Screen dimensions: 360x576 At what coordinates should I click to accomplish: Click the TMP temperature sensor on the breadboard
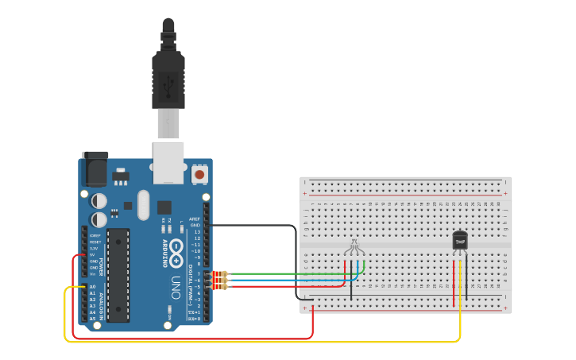click(x=460, y=240)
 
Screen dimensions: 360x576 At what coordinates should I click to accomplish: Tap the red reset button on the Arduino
click(x=199, y=173)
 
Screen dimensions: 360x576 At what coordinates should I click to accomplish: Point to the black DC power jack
click(x=95, y=169)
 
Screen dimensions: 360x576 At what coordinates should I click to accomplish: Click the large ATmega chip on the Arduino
click(x=118, y=274)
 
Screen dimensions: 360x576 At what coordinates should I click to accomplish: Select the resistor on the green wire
click(x=218, y=273)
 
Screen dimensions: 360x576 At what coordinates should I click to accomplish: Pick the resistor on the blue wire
click(x=218, y=280)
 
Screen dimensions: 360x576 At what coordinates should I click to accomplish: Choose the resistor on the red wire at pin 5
click(x=218, y=286)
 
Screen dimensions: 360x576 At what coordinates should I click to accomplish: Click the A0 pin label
click(x=92, y=287)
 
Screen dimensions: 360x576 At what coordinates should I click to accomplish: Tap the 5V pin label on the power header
click(x=94, y=255)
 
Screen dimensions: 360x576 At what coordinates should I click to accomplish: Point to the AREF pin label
click(x=195, y=219)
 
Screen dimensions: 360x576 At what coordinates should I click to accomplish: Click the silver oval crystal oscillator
click(x=143, y=205)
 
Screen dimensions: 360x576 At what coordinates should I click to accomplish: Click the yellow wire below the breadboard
click(x=262, y=342)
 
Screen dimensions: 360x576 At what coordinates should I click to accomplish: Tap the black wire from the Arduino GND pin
click(x=254, y=226)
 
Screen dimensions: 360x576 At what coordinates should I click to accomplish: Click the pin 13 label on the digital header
click(x=196, y=231)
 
